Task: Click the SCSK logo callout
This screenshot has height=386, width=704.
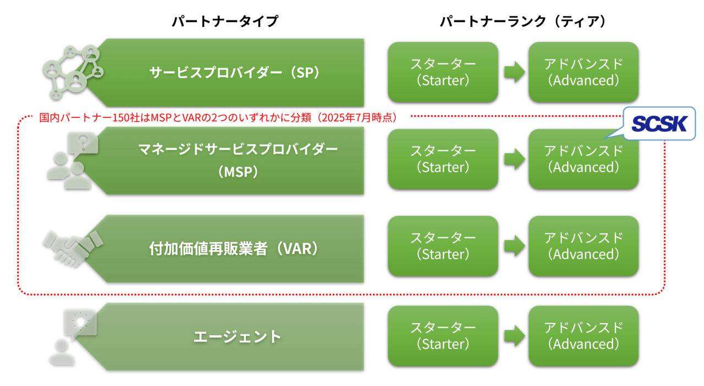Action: [659, 124]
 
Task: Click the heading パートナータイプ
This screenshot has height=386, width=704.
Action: [225, 21]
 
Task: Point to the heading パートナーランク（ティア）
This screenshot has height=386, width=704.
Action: [522, 21]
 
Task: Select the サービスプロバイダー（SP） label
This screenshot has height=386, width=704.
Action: [234, 73]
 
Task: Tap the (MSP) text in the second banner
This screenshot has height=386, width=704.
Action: [238, 172]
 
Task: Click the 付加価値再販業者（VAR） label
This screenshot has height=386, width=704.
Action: [234, 248]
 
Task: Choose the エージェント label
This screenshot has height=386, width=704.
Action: [237, 336]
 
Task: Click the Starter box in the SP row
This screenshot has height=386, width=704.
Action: [443, 72]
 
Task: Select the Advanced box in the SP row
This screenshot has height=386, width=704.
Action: [584, 72]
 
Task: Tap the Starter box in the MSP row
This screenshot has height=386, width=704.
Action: [443, 159]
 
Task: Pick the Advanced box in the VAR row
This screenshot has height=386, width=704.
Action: [584, 246]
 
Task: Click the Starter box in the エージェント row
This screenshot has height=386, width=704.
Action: [443, 336]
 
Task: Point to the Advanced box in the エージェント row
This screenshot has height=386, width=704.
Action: [584, 336]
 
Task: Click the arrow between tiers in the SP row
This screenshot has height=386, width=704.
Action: [514, 72]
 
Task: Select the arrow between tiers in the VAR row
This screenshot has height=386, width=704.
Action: [514, 246]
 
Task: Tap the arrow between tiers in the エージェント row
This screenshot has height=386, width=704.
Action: [514, 335]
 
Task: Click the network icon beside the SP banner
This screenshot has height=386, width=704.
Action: [73, 72]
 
